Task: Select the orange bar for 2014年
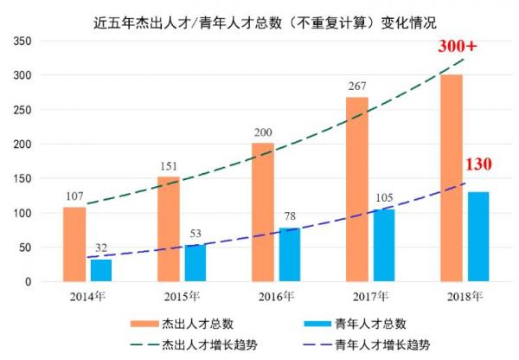[x=74, y=244]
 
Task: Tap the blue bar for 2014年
[x=101, y=270]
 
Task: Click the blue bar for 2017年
[x=384, y=245]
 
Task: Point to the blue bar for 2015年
[x=196, y=263]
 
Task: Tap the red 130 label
[x=478, y=164]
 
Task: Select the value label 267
[x=357, y=87]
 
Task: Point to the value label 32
[x=101, y=248]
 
